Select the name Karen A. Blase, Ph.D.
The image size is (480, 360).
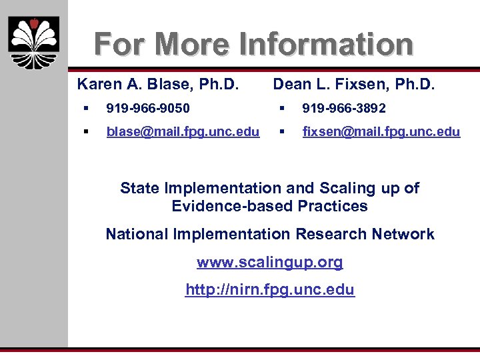158,85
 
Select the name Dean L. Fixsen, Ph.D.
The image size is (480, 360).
354,85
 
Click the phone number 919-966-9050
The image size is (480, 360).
148,108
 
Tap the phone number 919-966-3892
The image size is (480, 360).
344,108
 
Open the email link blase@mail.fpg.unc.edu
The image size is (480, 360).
183,132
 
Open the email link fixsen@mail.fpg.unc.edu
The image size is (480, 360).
381,132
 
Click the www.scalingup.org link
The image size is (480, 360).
270,262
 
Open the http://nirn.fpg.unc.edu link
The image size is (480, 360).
270,290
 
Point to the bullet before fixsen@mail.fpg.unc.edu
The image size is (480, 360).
282,132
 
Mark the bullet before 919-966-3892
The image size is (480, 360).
282,108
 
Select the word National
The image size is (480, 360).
137,234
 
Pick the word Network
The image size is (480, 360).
403,234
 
